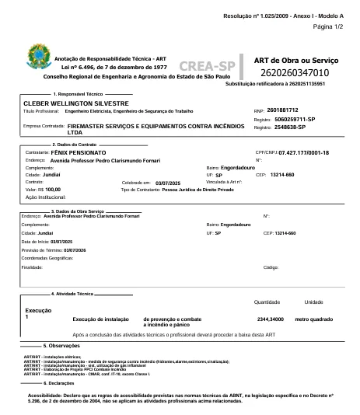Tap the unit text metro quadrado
point(317,319)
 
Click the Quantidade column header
point(267,302)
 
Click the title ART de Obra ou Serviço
point(294,59)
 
